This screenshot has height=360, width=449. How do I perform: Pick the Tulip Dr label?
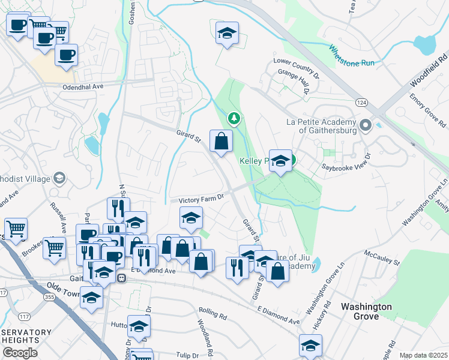pyautogui.click(x=185, y=354)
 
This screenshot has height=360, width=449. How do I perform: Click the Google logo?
pyautogui.click(x=20, y=353)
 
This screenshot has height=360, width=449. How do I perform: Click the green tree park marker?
pyautogui.click(x=234, y=118)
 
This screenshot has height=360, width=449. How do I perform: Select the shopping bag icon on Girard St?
pyautogui.click(x=221, y=142)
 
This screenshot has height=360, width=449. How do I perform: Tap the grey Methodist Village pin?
pyautogui.click(x=59, y=178)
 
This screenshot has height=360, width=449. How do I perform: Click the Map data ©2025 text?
pyautogui.click(x=423, y=355)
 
